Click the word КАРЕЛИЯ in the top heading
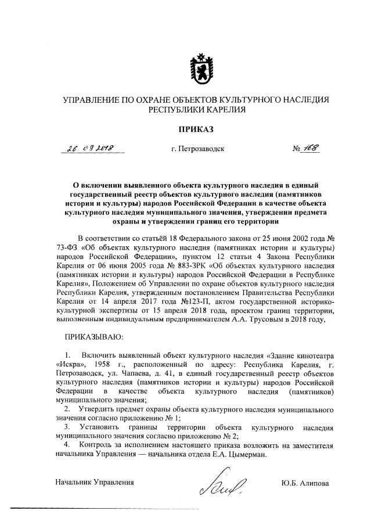225,109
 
